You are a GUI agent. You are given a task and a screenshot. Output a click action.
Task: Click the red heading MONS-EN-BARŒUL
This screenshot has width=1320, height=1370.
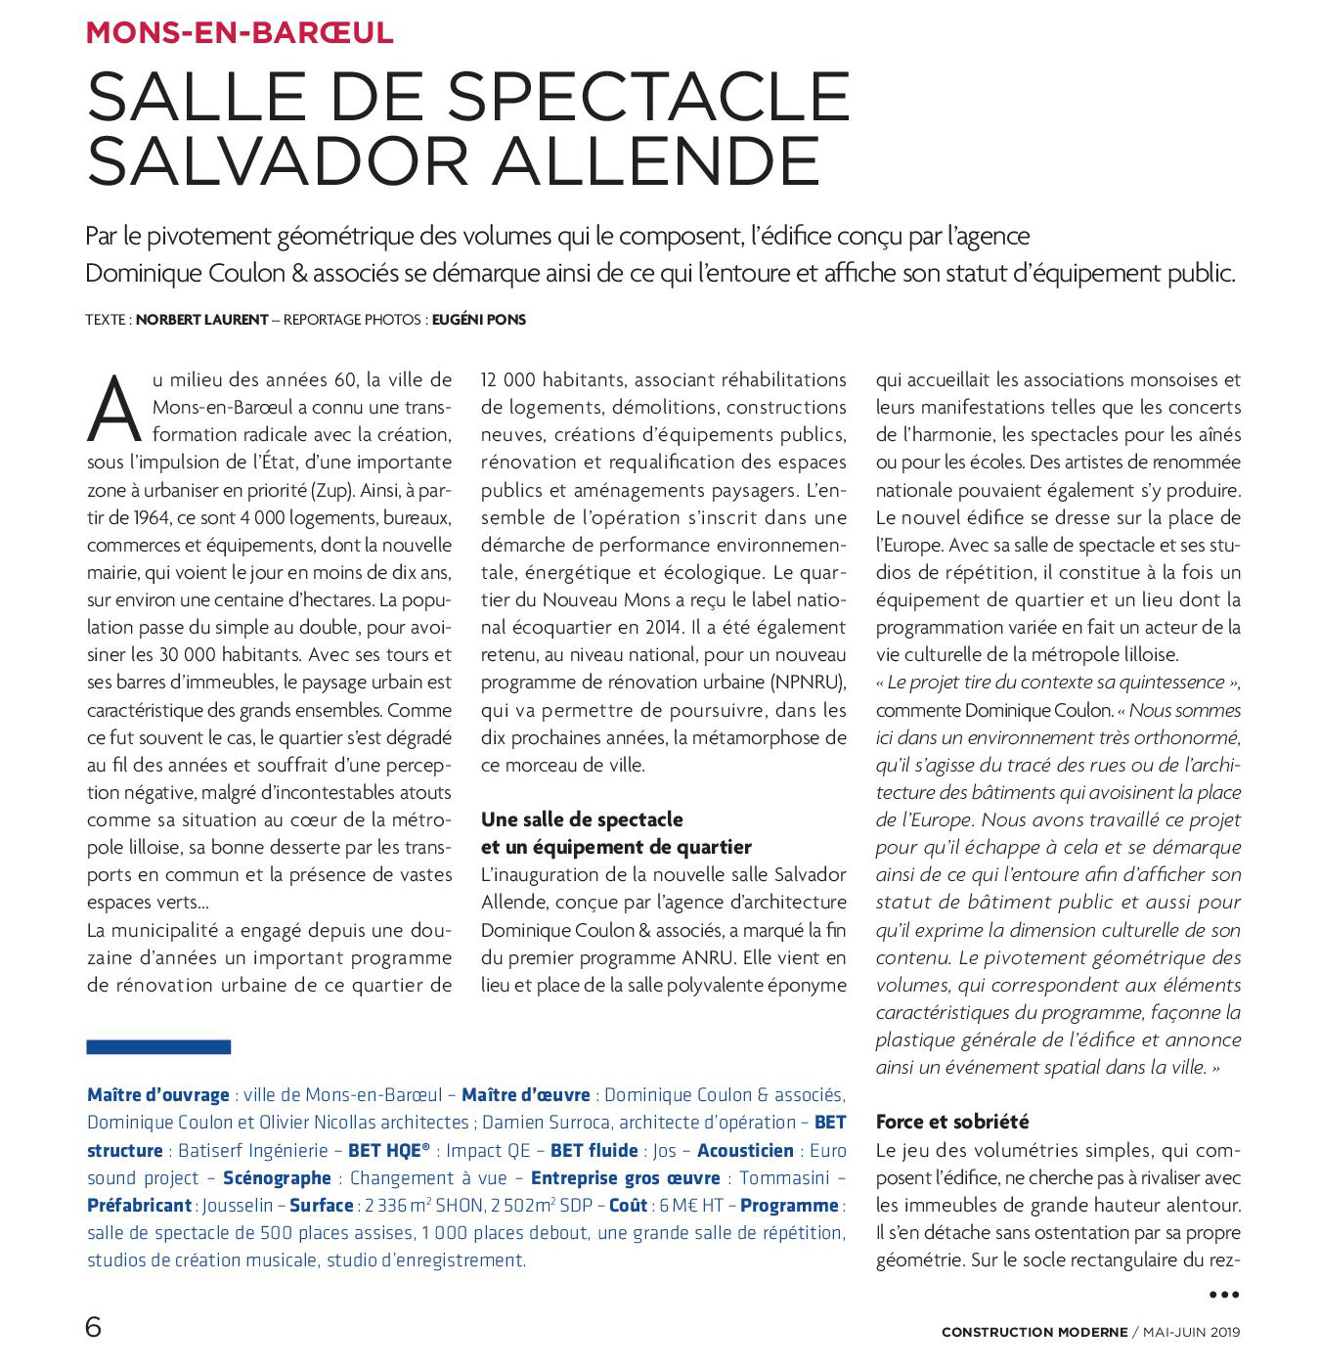[240, 32]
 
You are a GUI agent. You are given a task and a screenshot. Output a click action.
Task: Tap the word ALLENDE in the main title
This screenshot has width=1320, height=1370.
[656, 162]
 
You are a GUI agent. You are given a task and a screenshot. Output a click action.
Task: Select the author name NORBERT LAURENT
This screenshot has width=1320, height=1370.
[201, 320]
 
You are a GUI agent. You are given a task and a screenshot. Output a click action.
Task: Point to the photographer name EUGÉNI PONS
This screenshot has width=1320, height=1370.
[479, 320]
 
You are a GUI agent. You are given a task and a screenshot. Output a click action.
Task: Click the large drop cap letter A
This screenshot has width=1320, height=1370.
[114, 408]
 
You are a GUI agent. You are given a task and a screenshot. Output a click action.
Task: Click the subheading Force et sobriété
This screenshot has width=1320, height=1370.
[952, 1122]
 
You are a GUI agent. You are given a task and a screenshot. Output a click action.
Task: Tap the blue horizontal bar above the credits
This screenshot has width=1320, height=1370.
[158, 1046]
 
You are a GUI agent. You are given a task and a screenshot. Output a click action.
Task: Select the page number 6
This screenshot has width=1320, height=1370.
[94, 1327]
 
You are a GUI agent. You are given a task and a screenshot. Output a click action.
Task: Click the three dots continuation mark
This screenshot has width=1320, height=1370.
[1224, 1295]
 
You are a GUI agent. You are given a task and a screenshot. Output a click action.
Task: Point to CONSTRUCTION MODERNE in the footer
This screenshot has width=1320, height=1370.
[1034, 1332]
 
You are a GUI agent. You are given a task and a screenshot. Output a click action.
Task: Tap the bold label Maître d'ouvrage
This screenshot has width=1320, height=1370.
[158, 1095]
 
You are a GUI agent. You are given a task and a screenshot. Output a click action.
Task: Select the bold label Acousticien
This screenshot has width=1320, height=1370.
[745, 1151]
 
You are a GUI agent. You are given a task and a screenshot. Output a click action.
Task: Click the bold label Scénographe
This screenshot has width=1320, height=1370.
[277, 1178]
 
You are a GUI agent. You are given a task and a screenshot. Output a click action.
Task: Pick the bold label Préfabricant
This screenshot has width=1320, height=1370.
[139, 1206]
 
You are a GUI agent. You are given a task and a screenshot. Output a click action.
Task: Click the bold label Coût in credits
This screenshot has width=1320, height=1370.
[628, 1206]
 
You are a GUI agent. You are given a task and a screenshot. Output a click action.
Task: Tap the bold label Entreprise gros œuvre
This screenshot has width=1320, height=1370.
[625, 1178]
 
